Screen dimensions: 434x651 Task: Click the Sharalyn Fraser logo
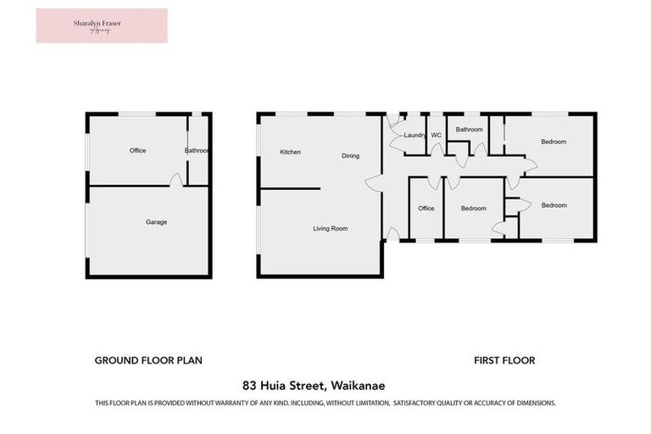pos(102,25)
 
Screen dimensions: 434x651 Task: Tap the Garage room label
pos(156,222)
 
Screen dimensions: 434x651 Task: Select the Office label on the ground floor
pos(137,151)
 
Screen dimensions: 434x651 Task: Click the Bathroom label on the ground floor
pos(198,151)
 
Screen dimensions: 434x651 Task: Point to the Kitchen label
pos(291,152)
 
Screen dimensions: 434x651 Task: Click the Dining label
pos(351,156)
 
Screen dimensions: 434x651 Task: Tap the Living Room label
pos(330,229)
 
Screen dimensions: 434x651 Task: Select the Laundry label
pos(415,136)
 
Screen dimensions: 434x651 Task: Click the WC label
pos(437,136)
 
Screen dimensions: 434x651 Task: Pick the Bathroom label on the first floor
pos(469,130)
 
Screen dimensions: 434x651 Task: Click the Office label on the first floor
pos(426,209)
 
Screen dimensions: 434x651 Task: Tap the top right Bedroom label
pos(554,142)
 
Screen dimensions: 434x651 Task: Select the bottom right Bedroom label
pos(554,205)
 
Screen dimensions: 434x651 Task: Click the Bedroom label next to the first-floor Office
pos(474,209)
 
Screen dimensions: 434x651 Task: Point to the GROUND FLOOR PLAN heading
pos(148,360)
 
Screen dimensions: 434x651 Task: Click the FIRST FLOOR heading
pos(504,360)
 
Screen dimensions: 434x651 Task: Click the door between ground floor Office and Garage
pos(175,181)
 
